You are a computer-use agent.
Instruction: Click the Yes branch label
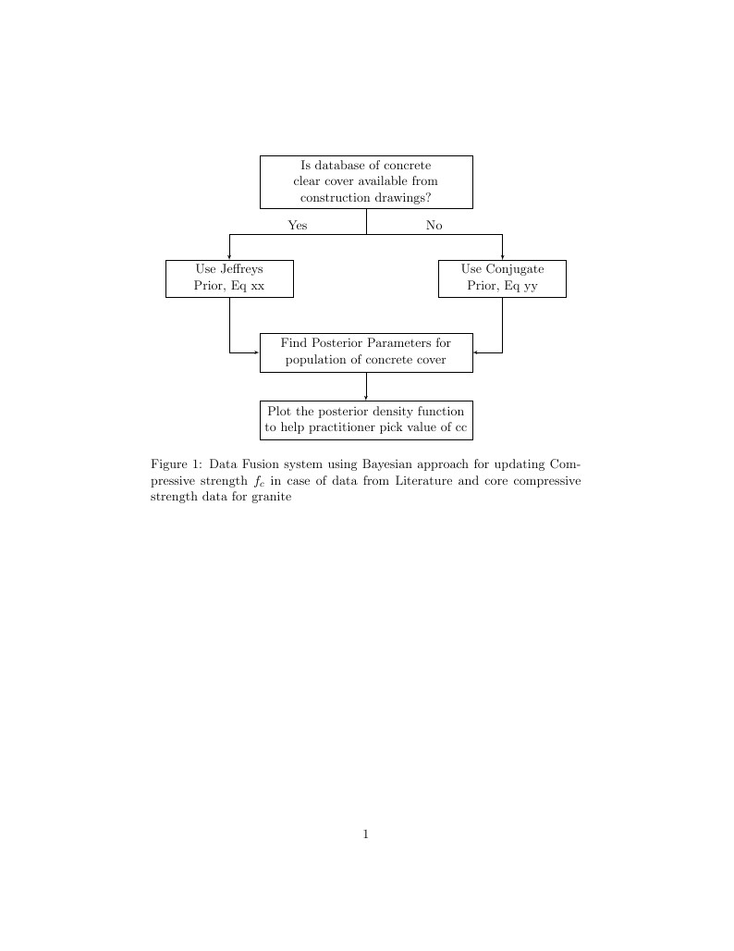pyautogui.click(x=298, y=225)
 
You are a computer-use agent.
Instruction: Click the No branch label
pyautogui.click(x=434, y=225)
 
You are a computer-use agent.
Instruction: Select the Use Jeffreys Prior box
pyautogui.click(x=229, y=278)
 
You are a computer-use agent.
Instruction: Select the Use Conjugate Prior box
pyautogui.click(x=502, y=278)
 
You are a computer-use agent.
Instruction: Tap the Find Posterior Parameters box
pyautogui.click(x=366, y=352)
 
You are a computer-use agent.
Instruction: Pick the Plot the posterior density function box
pyautogui.click(x=366, y=420)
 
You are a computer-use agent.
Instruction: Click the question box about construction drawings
pyautogui.click(x=366, y=182)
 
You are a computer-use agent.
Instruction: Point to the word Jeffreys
pyautogui.click(x=241, y=269)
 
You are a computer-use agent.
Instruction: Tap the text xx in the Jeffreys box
pyautogui.click(x=258, y=287)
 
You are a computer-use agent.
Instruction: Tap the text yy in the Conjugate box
pyautogui.click(x=531, y=288)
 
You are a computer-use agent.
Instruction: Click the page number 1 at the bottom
pyautogui.click(x=366, y=834)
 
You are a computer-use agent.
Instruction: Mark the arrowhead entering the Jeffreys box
pyautogui.click(x=229, y=257)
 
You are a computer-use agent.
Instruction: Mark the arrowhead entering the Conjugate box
pyautogui.click(x=502, y=257)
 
